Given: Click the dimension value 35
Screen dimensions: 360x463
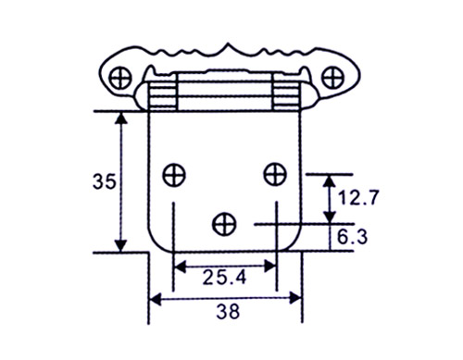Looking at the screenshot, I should point(105,181).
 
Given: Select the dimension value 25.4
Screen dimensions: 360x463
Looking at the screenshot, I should point(224,275).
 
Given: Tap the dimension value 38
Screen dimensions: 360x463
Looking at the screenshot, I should point(225,312).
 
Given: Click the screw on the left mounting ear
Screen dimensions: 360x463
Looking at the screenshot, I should point(120,75).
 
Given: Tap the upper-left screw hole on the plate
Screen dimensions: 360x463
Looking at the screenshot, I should point(173,173).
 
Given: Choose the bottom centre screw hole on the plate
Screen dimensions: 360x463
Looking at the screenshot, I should point(224,223).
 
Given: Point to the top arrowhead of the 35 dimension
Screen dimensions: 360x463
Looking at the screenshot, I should point(120,118).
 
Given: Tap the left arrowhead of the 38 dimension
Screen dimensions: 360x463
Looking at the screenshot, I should point(155,298).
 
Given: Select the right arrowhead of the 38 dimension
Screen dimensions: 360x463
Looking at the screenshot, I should point(297,298).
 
